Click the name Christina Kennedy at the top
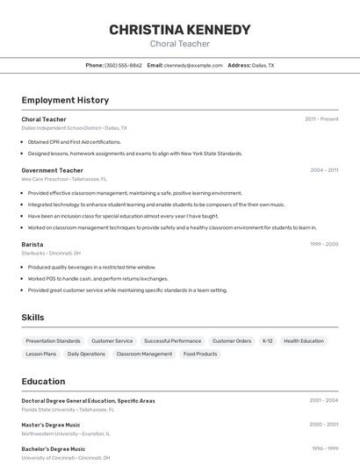[x=180, y=30]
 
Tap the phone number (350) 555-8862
[x=123, y=65]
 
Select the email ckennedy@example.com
[x=193, y=65]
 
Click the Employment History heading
[x=65, y=100]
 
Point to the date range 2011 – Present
[x=321, y=119]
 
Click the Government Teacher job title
[x=52, y=170]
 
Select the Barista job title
[x=32, y=244]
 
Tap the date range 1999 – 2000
[x=324, y=244]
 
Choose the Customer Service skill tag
[x=112, y=340]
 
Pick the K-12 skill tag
[x=268, y=340]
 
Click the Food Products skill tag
[x=200, y=354]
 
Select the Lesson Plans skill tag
[x=41, y=354]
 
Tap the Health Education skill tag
[x=304, y=340]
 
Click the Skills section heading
[x=32, y=318]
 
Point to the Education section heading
[x=43, y=382]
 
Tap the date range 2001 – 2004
[x=323, y=401]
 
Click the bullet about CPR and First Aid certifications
[x=74, y=141]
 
